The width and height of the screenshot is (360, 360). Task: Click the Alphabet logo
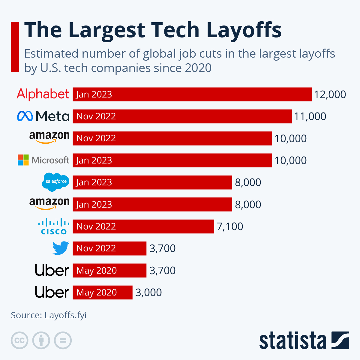43,94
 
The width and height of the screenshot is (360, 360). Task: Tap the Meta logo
43,116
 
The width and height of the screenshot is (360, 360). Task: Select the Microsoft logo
43,160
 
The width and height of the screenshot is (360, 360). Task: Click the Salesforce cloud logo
55,182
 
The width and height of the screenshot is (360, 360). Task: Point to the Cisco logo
54,226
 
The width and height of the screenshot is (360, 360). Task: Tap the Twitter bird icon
61,248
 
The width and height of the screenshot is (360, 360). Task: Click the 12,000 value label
330,94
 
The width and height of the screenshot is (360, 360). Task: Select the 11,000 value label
310,116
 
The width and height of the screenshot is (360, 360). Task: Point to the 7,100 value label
230,226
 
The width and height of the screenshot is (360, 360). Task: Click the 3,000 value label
148,292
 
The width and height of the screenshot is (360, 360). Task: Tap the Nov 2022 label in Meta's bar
96,116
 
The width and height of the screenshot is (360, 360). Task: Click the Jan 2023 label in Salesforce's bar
94,182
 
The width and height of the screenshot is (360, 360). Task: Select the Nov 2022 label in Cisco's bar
96,226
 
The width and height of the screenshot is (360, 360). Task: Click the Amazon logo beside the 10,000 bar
49,138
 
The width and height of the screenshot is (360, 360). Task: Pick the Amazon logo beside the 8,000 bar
49,204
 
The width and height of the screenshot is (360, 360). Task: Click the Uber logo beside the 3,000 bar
52,292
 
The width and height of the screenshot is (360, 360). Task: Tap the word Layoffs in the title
244,30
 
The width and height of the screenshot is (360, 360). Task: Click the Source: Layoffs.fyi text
49,315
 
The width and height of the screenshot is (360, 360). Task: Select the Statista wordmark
292,340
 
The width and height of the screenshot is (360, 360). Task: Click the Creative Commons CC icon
19,340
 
